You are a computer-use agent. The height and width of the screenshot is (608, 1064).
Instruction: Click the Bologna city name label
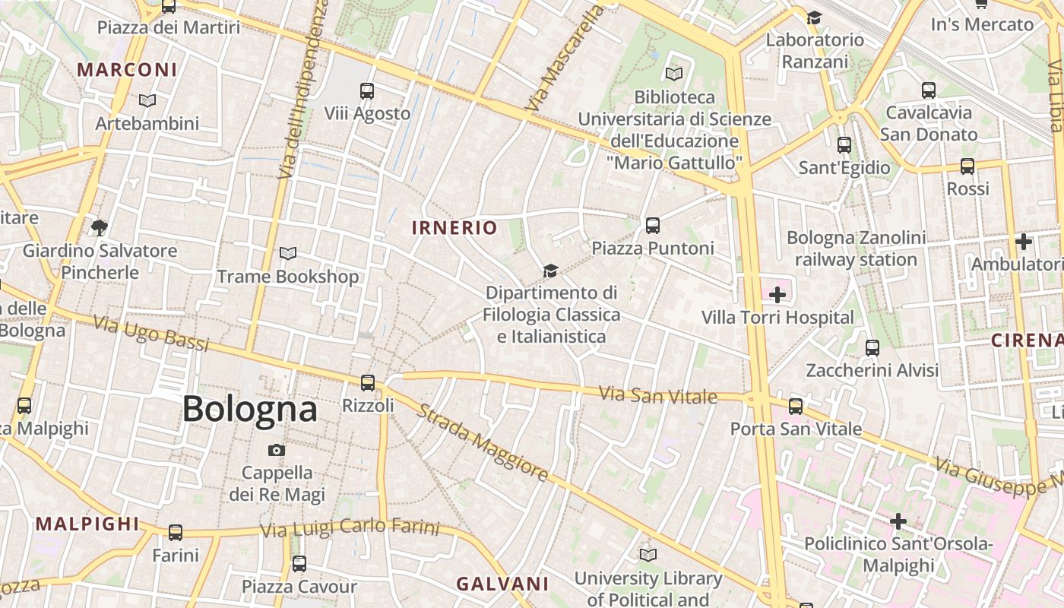(x=249, y=409)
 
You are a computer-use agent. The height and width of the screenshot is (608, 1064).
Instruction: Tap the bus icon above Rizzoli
(x=368, y=382)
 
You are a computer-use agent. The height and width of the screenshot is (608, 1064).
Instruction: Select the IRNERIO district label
(x=454, y=227)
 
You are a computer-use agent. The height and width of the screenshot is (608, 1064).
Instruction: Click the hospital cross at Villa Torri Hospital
(x=777, y=294)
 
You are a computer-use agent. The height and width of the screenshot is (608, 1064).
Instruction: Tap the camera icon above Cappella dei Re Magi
(x=277, y=450)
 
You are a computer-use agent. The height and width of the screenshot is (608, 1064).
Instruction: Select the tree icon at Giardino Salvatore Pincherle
(x=99, y=227)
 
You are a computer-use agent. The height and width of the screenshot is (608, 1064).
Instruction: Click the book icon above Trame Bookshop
(x=288, y=253)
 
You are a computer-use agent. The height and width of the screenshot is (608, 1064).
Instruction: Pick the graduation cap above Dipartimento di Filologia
(x=550, y=271)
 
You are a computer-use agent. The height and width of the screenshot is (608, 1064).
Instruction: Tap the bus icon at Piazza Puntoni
(x=653, y=225)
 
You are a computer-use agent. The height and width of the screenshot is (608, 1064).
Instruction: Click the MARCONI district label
(x=127, y=70)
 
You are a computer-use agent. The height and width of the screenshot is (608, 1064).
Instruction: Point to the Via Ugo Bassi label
(x=150, y=334)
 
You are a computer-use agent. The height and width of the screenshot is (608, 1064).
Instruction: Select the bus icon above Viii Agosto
(x=367, y=91)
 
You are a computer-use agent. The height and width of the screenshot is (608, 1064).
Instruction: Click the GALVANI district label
(x=502, y=584)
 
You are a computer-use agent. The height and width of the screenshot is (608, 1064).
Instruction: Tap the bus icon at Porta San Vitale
(x=796, y=406)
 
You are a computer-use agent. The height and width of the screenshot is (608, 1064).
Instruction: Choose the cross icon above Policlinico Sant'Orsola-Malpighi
(x=898, y=521)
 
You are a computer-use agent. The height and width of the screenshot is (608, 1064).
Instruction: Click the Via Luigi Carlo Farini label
(x=350, y=527)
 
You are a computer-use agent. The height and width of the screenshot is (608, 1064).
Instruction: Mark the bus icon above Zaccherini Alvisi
(x=872, y=348)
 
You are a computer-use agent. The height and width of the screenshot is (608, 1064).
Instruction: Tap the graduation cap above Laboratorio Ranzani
(x=815, y=17)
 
